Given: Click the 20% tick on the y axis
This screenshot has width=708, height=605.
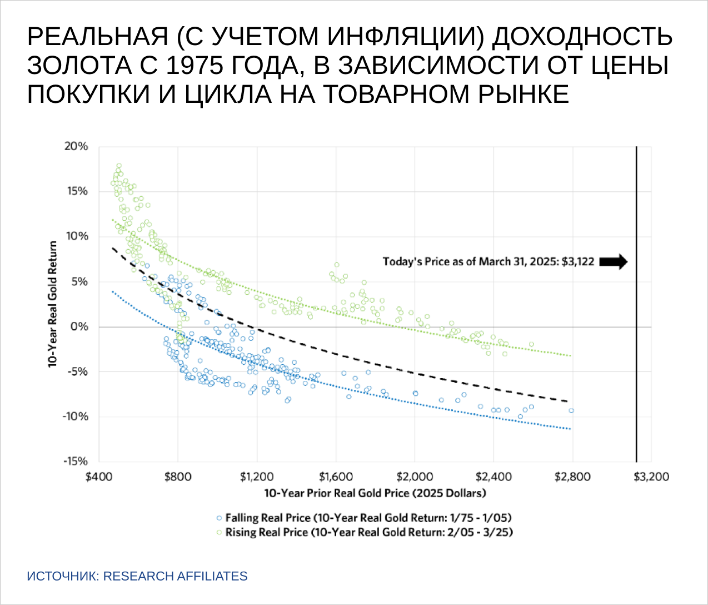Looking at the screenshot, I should (77, 146).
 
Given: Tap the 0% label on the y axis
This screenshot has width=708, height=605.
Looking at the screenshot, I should (79, 326).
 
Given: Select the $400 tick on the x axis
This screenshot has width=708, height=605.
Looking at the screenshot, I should (99, 477).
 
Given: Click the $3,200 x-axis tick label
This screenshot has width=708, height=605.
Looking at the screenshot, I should (651, 477).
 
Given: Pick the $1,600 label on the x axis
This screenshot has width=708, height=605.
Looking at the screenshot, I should (336, 477).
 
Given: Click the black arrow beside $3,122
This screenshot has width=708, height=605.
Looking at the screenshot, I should (614, 261).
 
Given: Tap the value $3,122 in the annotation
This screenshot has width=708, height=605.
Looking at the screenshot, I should (578, 261).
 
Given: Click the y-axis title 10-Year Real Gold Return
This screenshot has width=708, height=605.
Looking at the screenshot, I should (53, 304).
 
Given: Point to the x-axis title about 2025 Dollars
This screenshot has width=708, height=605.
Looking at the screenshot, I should (375, 493).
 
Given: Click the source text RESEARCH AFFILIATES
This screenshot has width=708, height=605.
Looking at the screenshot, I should (176, 576).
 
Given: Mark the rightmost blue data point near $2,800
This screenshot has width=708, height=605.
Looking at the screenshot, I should (571, 411).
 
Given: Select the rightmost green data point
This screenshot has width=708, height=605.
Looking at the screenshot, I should (531, 344).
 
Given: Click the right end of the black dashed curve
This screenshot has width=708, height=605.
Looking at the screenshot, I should (568, 401).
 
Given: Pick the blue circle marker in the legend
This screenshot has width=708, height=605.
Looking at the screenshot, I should (219, 518).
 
